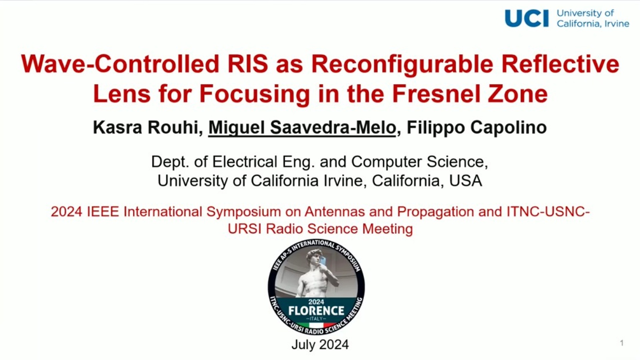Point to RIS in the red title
pyautogui.click(x=248, y=63)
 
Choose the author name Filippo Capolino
pyautogui.click(x=477, y=128)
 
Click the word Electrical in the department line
pyautogui.click(x=245, y=162)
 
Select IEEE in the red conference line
pyautogui.click(x=103, y=212)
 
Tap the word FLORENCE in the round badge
pyautogui.click(x=316, y=311)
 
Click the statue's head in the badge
pyautogui.click(x=314, y=256)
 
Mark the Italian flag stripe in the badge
pyautogui.click(x=316, y=325)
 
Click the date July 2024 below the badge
pyautogui.click(x=320, y=344)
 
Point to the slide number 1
pyautogui.click(x=622, y=343)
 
